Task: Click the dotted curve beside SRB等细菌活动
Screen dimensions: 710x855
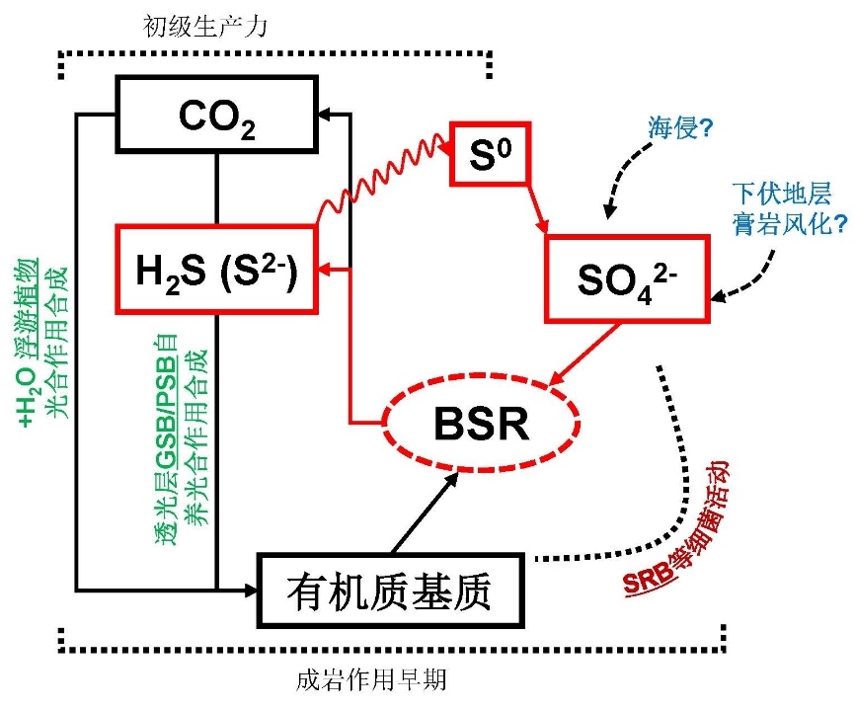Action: click(x=671, y=464)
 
